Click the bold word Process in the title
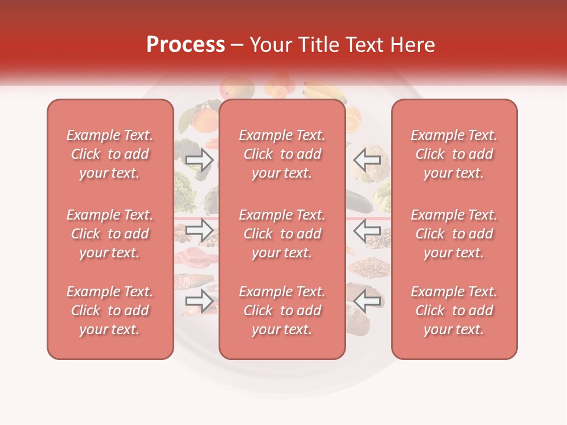coord(185,45)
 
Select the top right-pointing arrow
coord(200,159)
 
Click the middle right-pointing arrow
coord(200,230)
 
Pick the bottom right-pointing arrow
coord(200,301)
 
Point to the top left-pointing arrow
coord(367,159)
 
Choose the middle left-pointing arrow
coord(367,230)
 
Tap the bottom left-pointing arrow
coord(367,301)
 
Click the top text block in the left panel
coord(110,154)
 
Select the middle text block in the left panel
coord(110,234)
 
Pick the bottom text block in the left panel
coord(110,310)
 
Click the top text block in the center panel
coord(282,154)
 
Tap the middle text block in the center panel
coord(282,234)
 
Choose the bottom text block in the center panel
coord(282,310)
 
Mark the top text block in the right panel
coord(454,154)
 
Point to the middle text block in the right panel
coord(454,234)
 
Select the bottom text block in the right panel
coord(454,310)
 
